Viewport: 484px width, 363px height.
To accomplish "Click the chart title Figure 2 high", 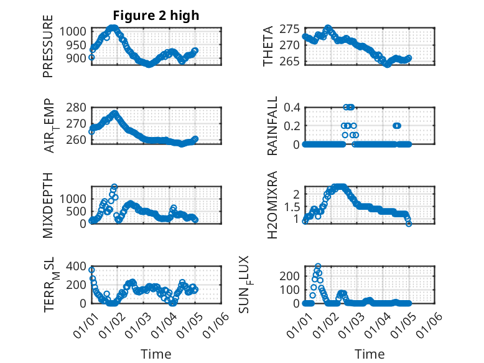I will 156,16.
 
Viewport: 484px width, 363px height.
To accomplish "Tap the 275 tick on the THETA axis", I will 290,29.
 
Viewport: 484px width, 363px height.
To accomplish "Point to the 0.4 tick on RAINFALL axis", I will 292,107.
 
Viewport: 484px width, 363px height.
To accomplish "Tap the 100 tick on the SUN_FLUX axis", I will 289,290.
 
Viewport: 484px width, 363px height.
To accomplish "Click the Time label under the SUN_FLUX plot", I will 370,354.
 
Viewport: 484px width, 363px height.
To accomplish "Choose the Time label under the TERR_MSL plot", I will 156,354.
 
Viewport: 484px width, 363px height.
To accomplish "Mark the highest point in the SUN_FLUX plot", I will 318,266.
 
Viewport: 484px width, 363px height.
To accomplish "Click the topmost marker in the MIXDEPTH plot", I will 114,187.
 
